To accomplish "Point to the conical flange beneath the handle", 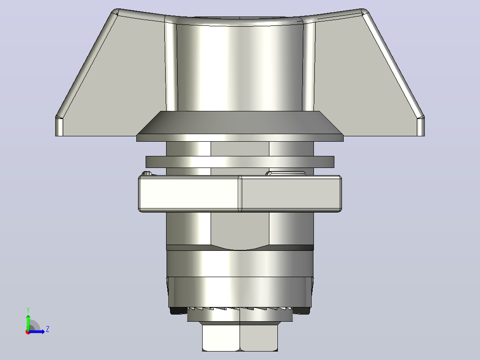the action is pos(240,126).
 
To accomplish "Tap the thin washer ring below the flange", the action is pos(240,162).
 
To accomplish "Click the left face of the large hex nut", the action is pos(189,193).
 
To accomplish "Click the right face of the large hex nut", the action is pos(291,193).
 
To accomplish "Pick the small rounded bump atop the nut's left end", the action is pos(147,173).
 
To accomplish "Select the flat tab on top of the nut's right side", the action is pos(286,173).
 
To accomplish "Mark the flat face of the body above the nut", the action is pos(240,149).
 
